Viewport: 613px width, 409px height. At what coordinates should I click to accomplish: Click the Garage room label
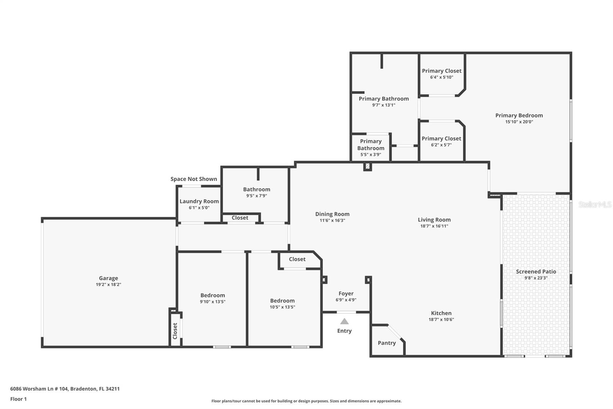[108, 278]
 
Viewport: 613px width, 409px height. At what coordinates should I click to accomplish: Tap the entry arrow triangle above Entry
[344, 322]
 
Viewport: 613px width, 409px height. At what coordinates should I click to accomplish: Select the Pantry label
[387, 343]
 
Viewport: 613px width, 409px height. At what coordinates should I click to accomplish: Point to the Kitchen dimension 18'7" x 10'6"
[441, 319]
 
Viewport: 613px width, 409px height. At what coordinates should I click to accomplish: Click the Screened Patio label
[536, 271]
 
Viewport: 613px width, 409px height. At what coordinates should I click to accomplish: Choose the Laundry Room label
[199, 201]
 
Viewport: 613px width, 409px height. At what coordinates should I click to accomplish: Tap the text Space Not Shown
[193, 179]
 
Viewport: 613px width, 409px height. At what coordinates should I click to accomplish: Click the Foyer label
[346, 294]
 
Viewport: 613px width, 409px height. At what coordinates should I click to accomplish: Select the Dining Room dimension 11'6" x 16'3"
[332, 221]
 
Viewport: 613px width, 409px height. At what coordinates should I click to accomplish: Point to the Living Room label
[434, 219]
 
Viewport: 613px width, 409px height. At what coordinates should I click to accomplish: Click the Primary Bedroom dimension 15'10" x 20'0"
[519, 122]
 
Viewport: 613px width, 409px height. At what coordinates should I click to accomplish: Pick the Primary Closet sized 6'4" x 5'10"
[441, 71]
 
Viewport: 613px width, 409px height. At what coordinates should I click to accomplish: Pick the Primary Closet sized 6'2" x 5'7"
[441, 139]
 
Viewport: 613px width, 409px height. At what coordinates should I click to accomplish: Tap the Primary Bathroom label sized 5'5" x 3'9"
[370, 145]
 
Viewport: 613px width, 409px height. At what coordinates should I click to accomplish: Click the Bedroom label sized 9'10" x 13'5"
[213, 295]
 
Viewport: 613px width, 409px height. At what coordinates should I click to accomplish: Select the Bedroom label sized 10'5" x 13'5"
[282, 300]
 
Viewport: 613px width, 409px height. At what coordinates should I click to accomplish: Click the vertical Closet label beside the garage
[175, 331]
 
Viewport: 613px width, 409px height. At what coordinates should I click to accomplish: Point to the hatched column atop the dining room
[367, 167]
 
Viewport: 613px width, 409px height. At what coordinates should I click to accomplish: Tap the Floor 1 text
[18, 399]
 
